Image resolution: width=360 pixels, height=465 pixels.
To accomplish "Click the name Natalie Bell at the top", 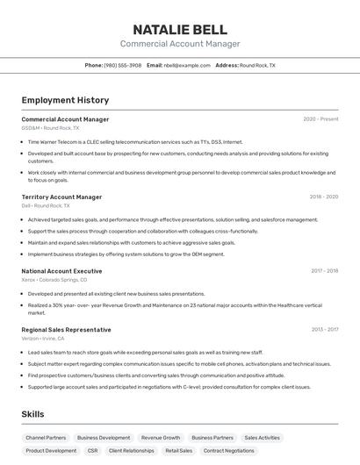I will (180, 29).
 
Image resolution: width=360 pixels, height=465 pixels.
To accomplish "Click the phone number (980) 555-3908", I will (122, 65).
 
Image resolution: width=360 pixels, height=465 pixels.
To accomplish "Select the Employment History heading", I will (65, 100).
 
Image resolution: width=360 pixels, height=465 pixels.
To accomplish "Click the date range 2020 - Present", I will (320, 119).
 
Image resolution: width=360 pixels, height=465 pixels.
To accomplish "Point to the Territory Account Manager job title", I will (61, 197).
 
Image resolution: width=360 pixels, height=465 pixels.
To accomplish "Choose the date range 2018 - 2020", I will (324, 197).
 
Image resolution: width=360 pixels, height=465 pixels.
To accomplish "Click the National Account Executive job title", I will (61, 271).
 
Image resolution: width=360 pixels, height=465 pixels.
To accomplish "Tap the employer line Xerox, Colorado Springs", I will (54, 280).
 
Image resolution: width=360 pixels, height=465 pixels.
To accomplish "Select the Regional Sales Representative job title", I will (66, 330).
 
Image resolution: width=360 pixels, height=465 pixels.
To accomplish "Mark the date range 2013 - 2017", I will (325, 330).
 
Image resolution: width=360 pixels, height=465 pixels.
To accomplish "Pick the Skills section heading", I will (33, 413).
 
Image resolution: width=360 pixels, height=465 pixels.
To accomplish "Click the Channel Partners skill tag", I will (46, 437).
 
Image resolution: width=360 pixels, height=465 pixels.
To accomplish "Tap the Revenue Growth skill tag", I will (161, 437).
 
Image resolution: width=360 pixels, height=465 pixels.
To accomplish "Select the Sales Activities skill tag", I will (262, 437).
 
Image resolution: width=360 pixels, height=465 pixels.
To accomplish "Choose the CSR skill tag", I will (92, 451).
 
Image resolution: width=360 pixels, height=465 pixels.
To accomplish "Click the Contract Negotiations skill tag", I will (229, 451).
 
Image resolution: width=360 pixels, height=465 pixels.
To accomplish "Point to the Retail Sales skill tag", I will (178, 451).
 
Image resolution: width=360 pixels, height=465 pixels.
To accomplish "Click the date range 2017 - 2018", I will (324, 271).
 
